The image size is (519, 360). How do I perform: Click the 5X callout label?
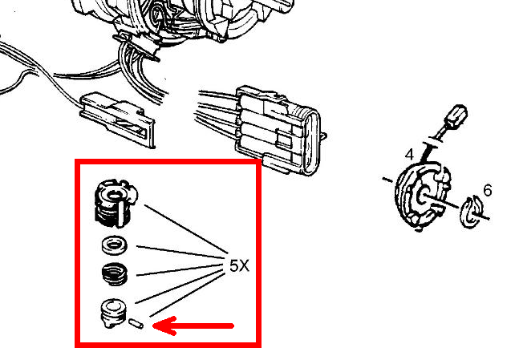pyautogui.click(x=239, y=265)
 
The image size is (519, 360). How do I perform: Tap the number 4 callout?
pyautogui.click(x=409, y=155)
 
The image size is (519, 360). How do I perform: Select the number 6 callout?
pyautogui.click(x=488, y=190)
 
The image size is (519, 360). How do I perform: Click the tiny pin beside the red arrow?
pyautogui.click(x=136, y=323)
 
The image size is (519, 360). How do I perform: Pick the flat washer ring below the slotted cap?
pyautogui.click(x=114, y=245)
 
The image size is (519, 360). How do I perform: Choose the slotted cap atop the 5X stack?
pyautogui.click(x=116, y=203)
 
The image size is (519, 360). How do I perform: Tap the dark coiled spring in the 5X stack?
pyautogui.click(x=114, y=273)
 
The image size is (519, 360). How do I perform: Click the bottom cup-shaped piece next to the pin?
pyautogui.click(x=113, y=313)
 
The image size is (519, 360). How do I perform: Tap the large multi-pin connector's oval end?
pyautogui.click(x=312, y=143)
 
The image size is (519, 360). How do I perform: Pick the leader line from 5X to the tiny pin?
pyautogui.click(x=185, y=296)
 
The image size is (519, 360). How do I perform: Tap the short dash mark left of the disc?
pyautogui.click(x=387, y=180)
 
